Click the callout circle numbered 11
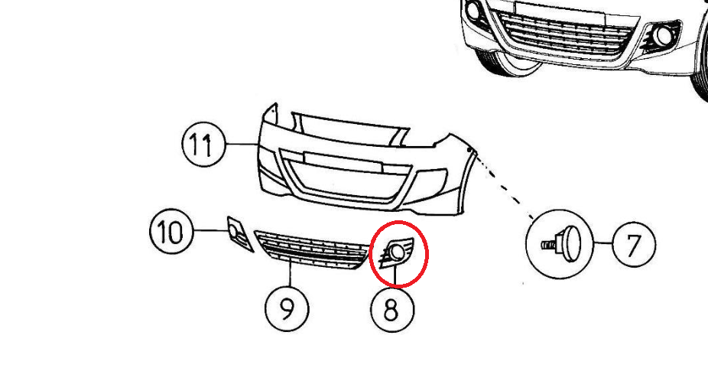coord(203,145)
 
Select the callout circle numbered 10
coord(171,231)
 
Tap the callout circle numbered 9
coord(287,309)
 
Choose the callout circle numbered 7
coord(634,244)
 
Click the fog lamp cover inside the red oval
coord(396,252)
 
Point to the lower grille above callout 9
coord(311,250)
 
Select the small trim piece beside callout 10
coord(239,233)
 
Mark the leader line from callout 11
coord(241,144)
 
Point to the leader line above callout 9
coord(290,275)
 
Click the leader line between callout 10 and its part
coord(210,230)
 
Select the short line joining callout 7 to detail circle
coord(602,243)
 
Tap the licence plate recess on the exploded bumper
coord(343,161)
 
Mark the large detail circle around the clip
coord(527,244)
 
